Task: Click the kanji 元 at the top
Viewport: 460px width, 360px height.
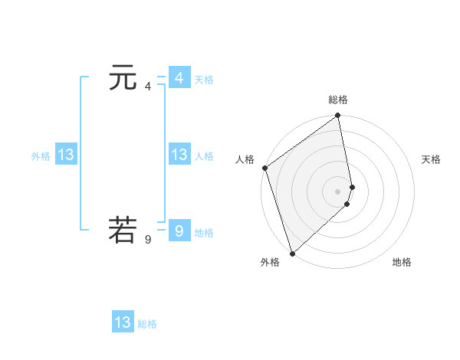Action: (x=123, y=78)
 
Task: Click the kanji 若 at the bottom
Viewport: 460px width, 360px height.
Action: (x=123, y=231)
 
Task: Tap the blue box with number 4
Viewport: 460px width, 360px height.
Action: (x=179, y=78)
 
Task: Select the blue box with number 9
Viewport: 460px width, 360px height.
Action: (x=179, y=231)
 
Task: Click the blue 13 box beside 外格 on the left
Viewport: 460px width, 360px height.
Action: (x=65, y=155)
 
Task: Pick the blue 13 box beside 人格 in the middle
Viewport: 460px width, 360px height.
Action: (x=179, y=155)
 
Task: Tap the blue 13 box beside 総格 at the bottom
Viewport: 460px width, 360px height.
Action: (x=123, y=322)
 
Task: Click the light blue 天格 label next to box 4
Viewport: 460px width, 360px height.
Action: (x=204, y=80)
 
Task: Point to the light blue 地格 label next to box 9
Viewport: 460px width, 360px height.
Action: (x=204, y=233)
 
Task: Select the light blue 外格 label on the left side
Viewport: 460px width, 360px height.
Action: (x=41, y=156)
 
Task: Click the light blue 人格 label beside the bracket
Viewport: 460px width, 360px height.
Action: (x=204, y=156)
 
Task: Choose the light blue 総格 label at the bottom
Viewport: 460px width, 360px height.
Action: (x=147, y=324)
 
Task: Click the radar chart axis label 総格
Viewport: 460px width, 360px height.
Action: (x=338, y=100)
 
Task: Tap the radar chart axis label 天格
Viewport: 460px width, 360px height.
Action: (x=431, y=159)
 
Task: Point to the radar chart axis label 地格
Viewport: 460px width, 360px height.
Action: (x=402, y=263)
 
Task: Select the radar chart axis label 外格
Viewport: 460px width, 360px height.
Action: (x=270, y=263)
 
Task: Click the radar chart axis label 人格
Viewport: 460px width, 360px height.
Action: (x=245, y=159)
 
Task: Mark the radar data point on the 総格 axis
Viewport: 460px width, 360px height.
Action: (x=338, y=116)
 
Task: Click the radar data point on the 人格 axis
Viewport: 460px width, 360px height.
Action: (x=264, y=168)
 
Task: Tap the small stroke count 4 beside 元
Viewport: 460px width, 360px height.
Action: (x=148, y=87)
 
